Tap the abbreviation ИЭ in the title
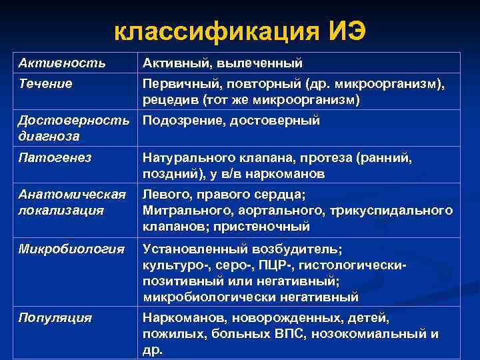tap(345, 31)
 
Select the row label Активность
tap(61, 63)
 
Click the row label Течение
tap(45, 84)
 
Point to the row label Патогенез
tap(55, 158)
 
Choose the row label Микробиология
tap(71, 249)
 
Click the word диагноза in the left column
tap(49, 136)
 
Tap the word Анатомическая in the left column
tap(72, 195)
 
